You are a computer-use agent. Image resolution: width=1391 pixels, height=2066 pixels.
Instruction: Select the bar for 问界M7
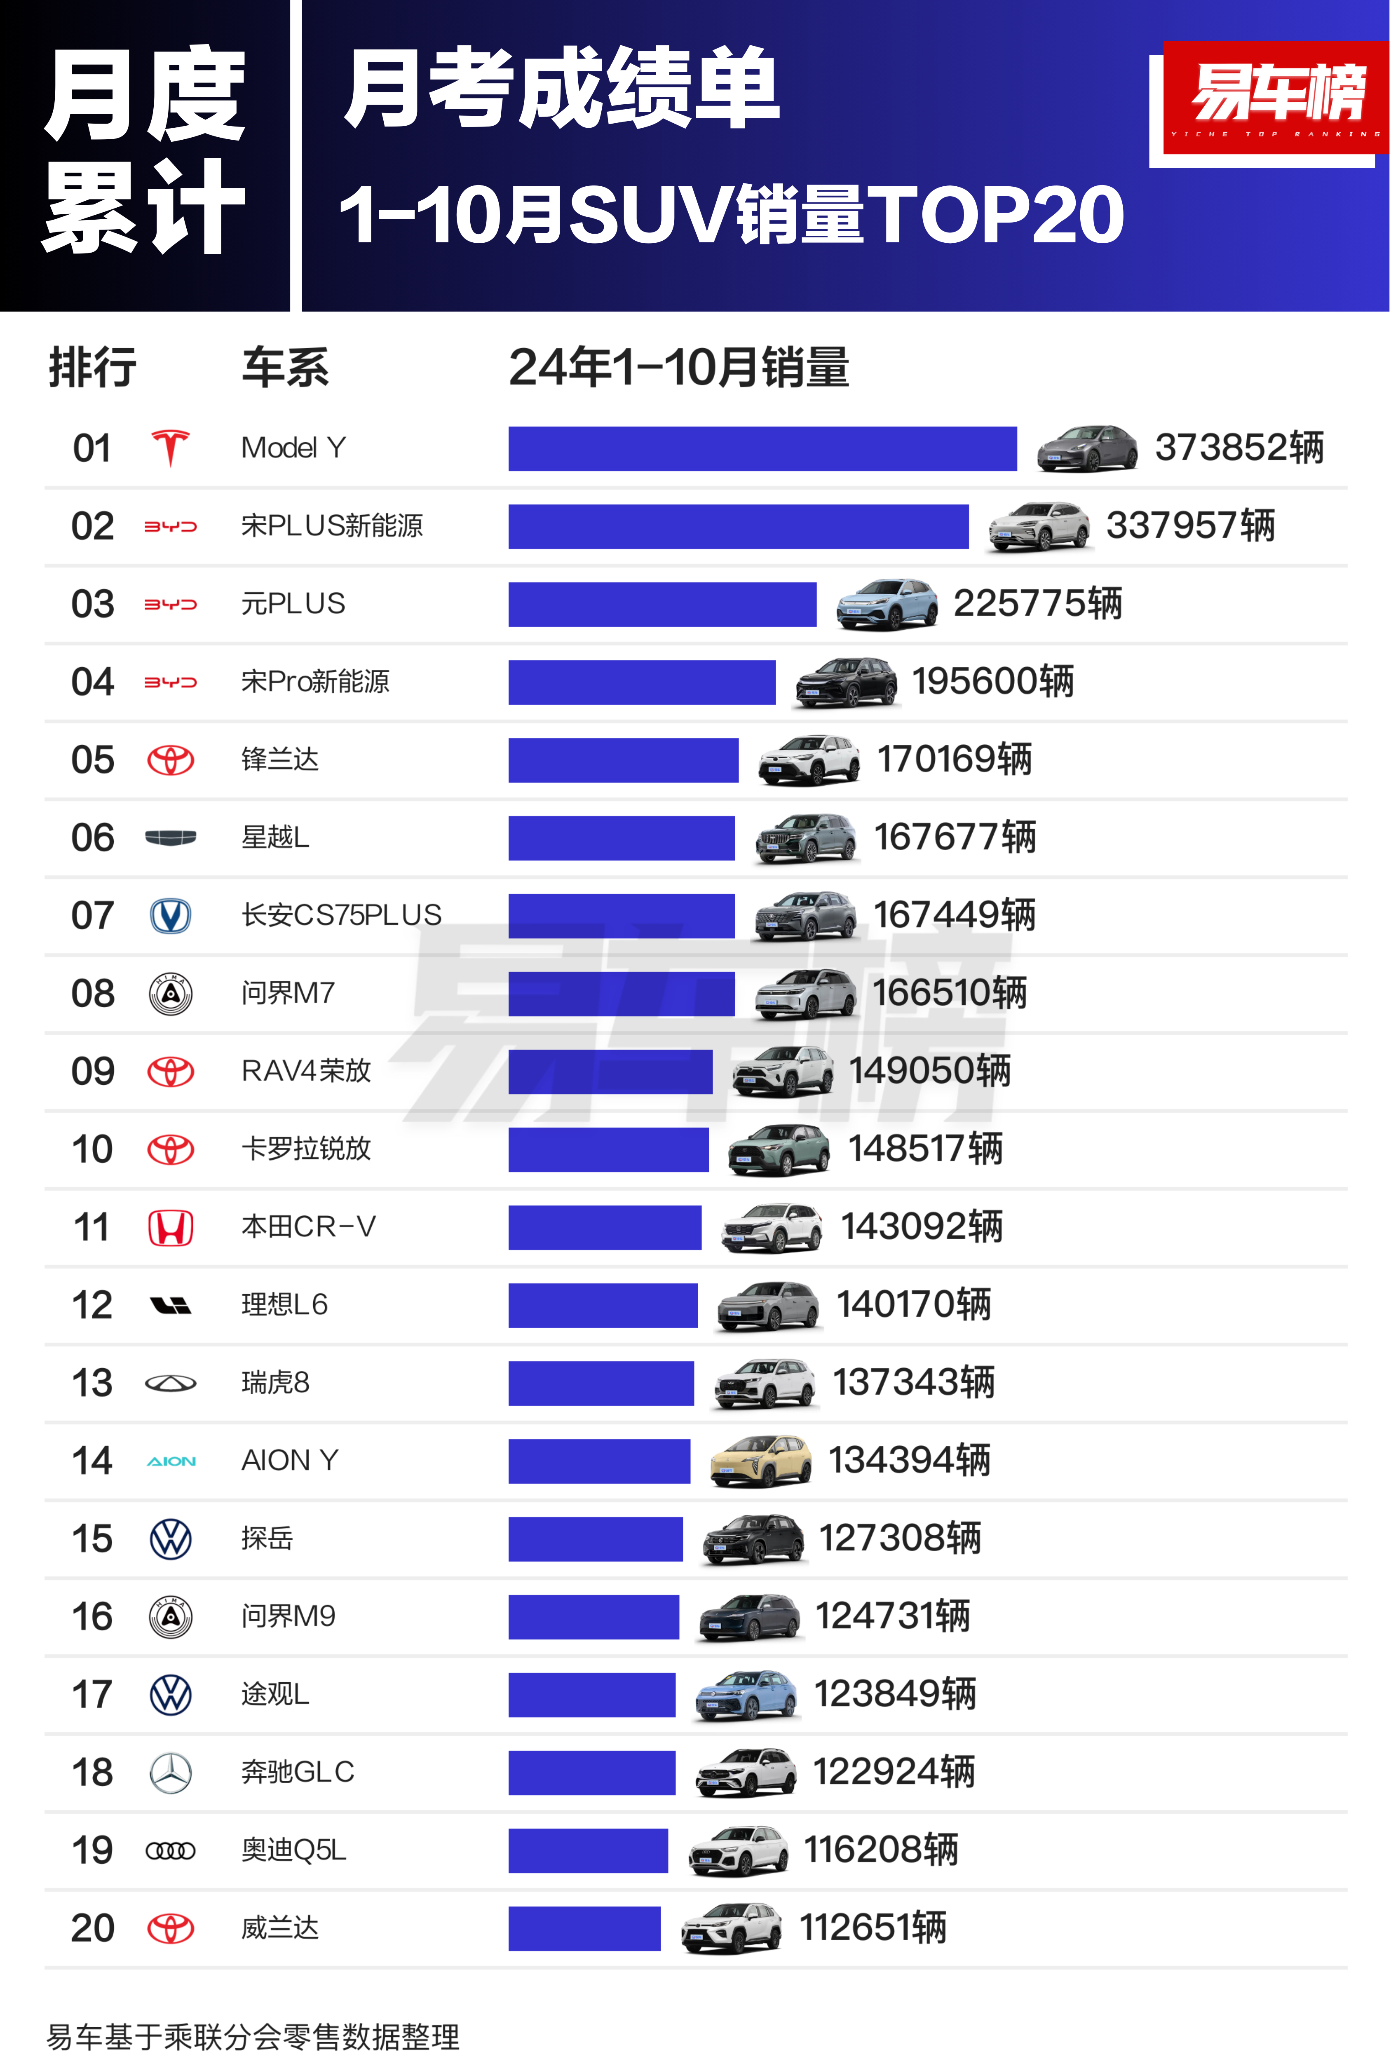621,994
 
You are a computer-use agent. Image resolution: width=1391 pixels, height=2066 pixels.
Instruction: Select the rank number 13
92,1383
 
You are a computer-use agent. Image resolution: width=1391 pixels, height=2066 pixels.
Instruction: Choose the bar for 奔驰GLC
592,1773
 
